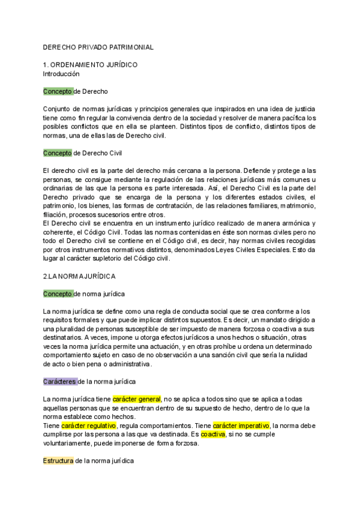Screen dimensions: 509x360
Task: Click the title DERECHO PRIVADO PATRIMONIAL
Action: coord(98,47)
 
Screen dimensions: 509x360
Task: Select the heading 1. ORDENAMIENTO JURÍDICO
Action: coord(90,65)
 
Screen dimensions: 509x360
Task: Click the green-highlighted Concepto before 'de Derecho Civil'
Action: coord(58,153)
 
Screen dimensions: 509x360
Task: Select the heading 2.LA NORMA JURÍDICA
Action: coord(80,277)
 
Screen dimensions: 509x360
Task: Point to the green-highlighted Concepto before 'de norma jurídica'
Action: coord(58,294)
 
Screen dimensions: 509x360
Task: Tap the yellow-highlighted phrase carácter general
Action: coord(137,399)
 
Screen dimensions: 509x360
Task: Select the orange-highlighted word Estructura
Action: coord(58,461)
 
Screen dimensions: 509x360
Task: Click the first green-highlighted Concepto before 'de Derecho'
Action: coord(58,91)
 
